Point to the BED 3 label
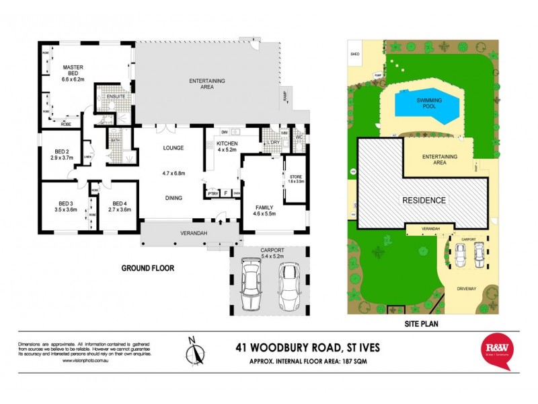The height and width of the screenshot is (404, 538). click(59, 206)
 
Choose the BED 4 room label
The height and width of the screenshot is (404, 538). click(120, 206)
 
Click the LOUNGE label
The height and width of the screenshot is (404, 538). click(174, 148)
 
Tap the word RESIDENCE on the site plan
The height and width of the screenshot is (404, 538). click(424, 200)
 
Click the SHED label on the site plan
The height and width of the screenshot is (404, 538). click(354, 52)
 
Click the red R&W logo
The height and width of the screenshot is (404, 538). click(498, 350)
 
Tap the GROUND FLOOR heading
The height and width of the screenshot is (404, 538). click(147, 268)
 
